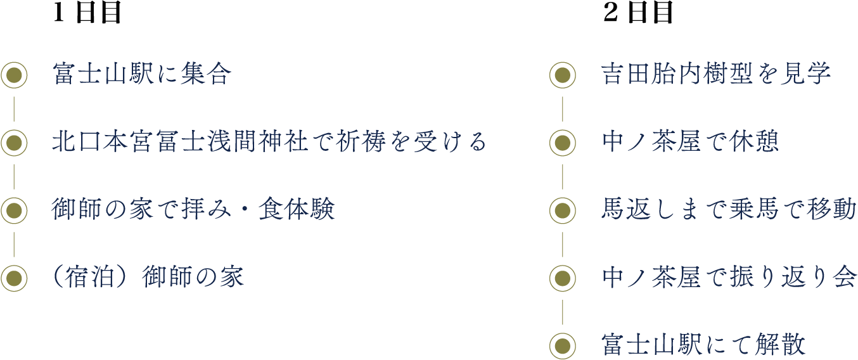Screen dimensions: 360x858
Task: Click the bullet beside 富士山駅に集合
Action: click(14, 75)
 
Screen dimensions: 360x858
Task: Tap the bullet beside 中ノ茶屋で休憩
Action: click(562, 143)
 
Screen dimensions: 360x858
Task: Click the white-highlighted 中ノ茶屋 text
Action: click(650, 278)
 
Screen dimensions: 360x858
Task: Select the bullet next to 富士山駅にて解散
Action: click(562, 345)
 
